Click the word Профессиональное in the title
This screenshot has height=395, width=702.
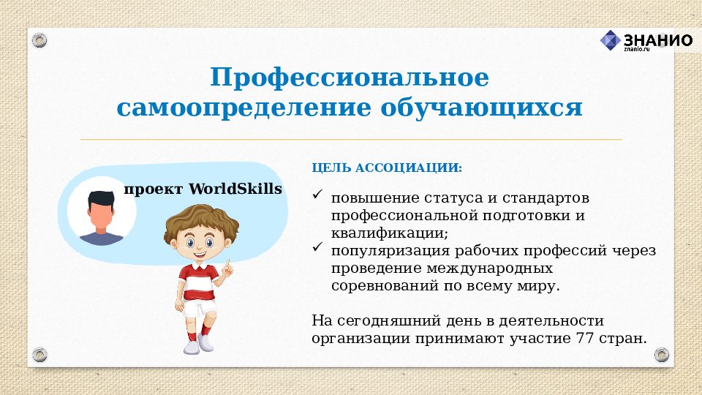[x=350, y=78]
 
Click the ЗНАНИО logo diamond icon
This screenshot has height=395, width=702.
[x=610, y=41]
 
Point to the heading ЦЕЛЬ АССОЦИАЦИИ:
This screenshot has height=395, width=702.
[x=387, y=168]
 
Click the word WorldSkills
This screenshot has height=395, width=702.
[x=235, y=189]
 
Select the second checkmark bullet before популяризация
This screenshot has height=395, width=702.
[x=317, y=249]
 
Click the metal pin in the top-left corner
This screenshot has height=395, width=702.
[x=39, y=39]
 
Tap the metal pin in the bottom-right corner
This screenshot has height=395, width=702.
[x=662, y=355]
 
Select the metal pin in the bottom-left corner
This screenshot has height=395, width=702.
[x=39, y=355]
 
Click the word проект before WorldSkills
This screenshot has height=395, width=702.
[x=154, y=189]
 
